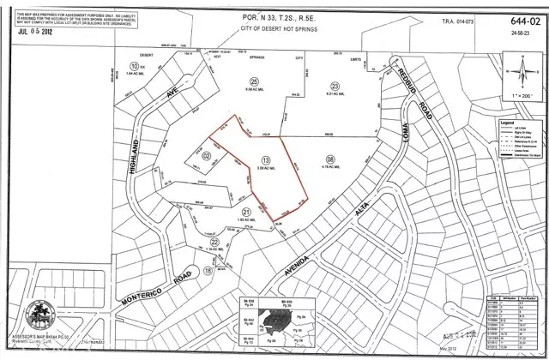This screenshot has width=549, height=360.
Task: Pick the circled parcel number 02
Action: [206, 155]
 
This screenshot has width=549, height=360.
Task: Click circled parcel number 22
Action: [214, 243]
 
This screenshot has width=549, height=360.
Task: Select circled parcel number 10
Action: [134, 65]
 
